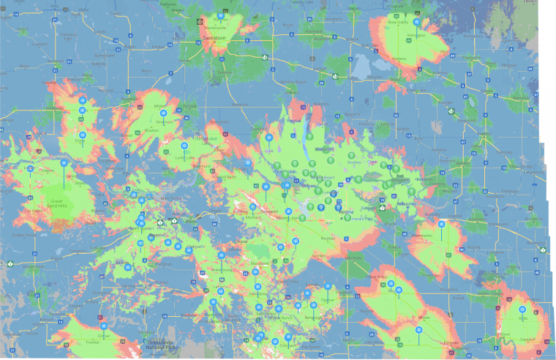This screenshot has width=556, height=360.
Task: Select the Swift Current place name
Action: coord(140,228)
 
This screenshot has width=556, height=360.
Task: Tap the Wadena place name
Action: coord(399,59)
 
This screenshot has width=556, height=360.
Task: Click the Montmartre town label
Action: coord(422,236)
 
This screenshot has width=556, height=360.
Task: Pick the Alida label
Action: coord(522,319)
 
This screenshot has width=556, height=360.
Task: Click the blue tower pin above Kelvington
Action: coord(416,22)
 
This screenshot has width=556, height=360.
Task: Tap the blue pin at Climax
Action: coord(103,326)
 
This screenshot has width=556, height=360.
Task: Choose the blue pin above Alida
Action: coord(522,310)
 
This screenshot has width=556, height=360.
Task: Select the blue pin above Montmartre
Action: coord(441,225)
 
